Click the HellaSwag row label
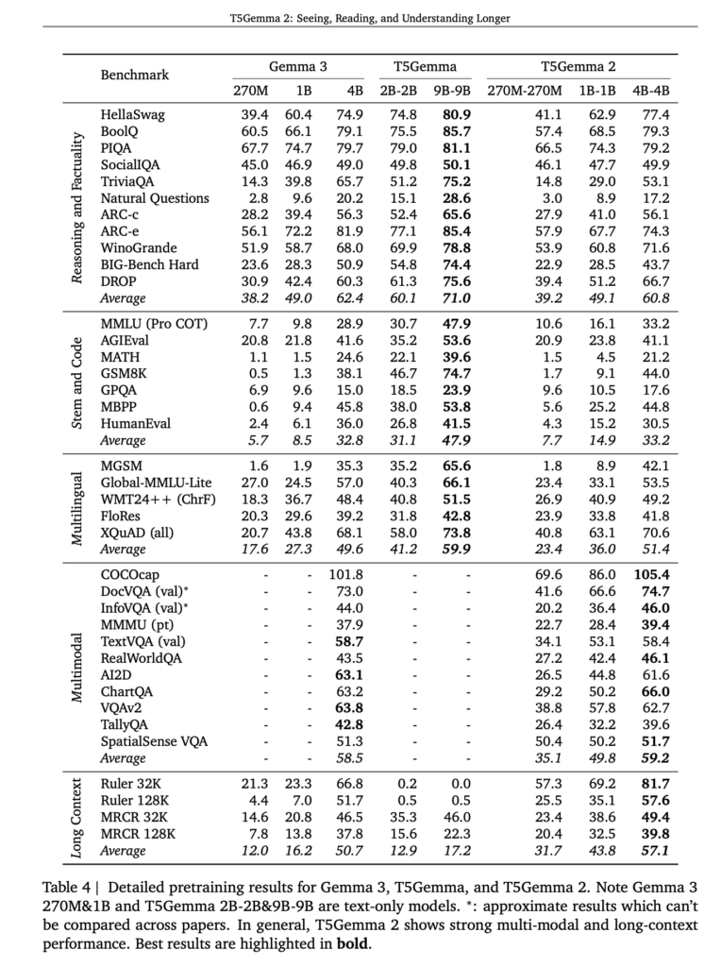coord(132,114)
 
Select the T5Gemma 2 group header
coord(578,67)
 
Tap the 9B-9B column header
coord(452,91)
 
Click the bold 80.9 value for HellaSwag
coord(453,114)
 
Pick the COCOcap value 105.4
coord(650,573)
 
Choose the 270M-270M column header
coord(524,91)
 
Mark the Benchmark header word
coord(134,73)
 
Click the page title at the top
coord(360,17)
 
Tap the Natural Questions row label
coord(155,199)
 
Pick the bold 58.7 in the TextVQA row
coord(349,641)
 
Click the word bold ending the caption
coord(354,942)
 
